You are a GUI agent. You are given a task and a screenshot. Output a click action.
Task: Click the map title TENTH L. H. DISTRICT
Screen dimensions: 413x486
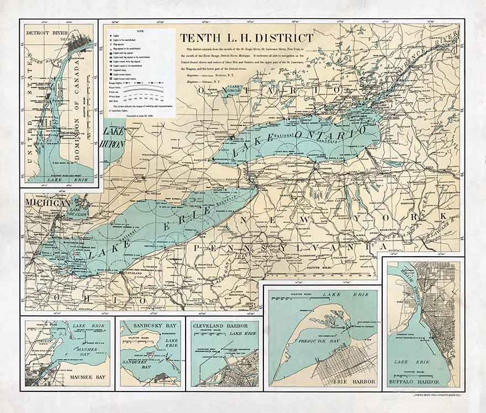(246, 38)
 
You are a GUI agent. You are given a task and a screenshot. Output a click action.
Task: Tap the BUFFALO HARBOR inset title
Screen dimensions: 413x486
(421, 382)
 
